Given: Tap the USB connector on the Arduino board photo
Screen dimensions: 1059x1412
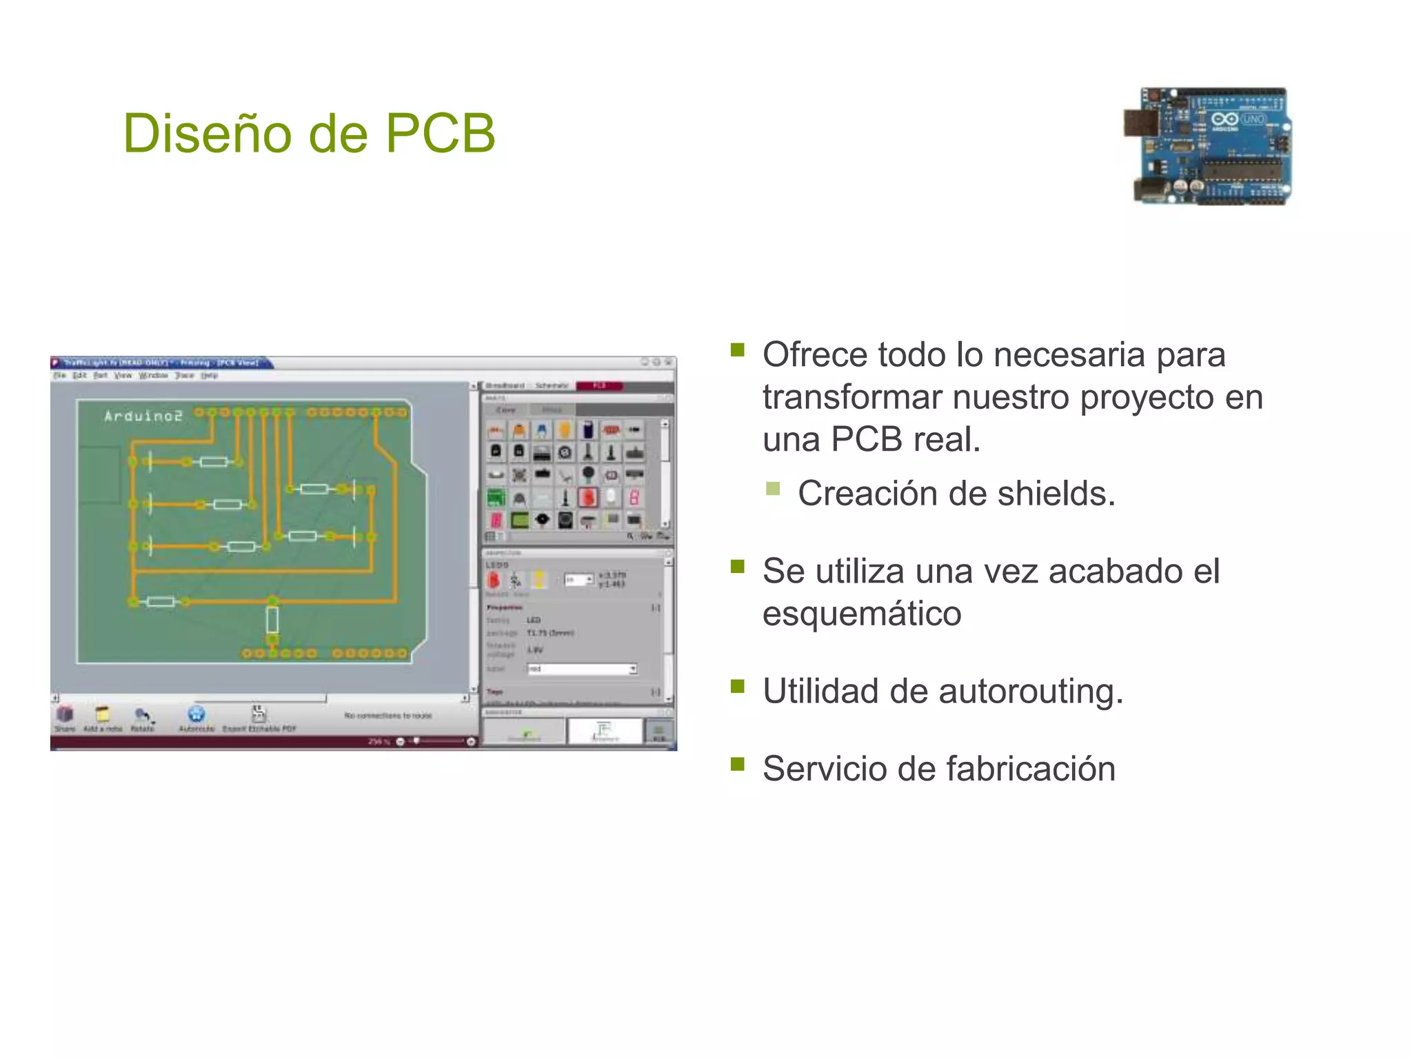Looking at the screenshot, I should point(1140,123).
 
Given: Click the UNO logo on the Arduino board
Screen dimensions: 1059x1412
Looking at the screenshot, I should point(1253,119).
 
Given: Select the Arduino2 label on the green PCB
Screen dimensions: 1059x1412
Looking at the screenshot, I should point(143,416).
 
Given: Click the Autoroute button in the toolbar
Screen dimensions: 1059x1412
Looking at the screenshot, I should point(196,718).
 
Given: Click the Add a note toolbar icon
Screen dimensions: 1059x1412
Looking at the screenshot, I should point(103,717).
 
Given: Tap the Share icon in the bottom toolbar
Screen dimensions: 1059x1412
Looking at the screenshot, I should point(64,717).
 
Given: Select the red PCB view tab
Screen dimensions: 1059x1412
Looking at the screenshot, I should point(599,385).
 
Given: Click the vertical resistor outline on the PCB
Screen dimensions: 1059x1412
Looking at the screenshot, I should point(272,619).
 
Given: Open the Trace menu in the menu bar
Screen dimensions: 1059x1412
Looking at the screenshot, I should point(184,376).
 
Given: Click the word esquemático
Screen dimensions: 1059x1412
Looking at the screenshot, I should point(862,614).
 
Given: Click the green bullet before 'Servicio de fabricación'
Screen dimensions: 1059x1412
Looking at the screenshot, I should point(738,763).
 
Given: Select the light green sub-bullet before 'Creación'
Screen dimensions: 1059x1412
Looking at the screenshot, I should point(773,489).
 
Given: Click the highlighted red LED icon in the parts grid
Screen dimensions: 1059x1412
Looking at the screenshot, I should point(587,497).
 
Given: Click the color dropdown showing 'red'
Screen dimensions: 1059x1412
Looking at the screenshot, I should point(582,669).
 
